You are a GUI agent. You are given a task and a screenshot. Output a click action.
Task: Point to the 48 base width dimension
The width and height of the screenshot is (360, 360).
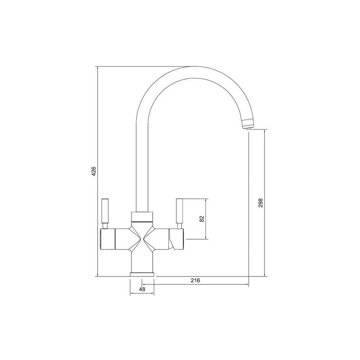click(x=142, y=289)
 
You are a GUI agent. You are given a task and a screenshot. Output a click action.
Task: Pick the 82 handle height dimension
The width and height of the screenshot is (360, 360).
click(x=202, y=219)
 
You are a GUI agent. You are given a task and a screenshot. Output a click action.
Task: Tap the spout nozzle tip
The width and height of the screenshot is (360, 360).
click(x=247, y=126)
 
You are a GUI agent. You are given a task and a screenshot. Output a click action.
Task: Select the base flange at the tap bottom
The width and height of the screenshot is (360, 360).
click(x=142, y=275)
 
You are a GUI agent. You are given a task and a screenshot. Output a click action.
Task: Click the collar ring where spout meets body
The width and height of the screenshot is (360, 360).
click(x=142, y=217)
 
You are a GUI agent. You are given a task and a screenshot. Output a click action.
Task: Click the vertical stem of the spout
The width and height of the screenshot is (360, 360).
click(x=142, y=162)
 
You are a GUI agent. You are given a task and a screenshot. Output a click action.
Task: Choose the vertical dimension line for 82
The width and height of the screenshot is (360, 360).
click(x=206, y=230)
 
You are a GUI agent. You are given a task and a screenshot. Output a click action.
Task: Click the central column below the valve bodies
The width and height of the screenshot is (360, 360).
click(x=142, y=261)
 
